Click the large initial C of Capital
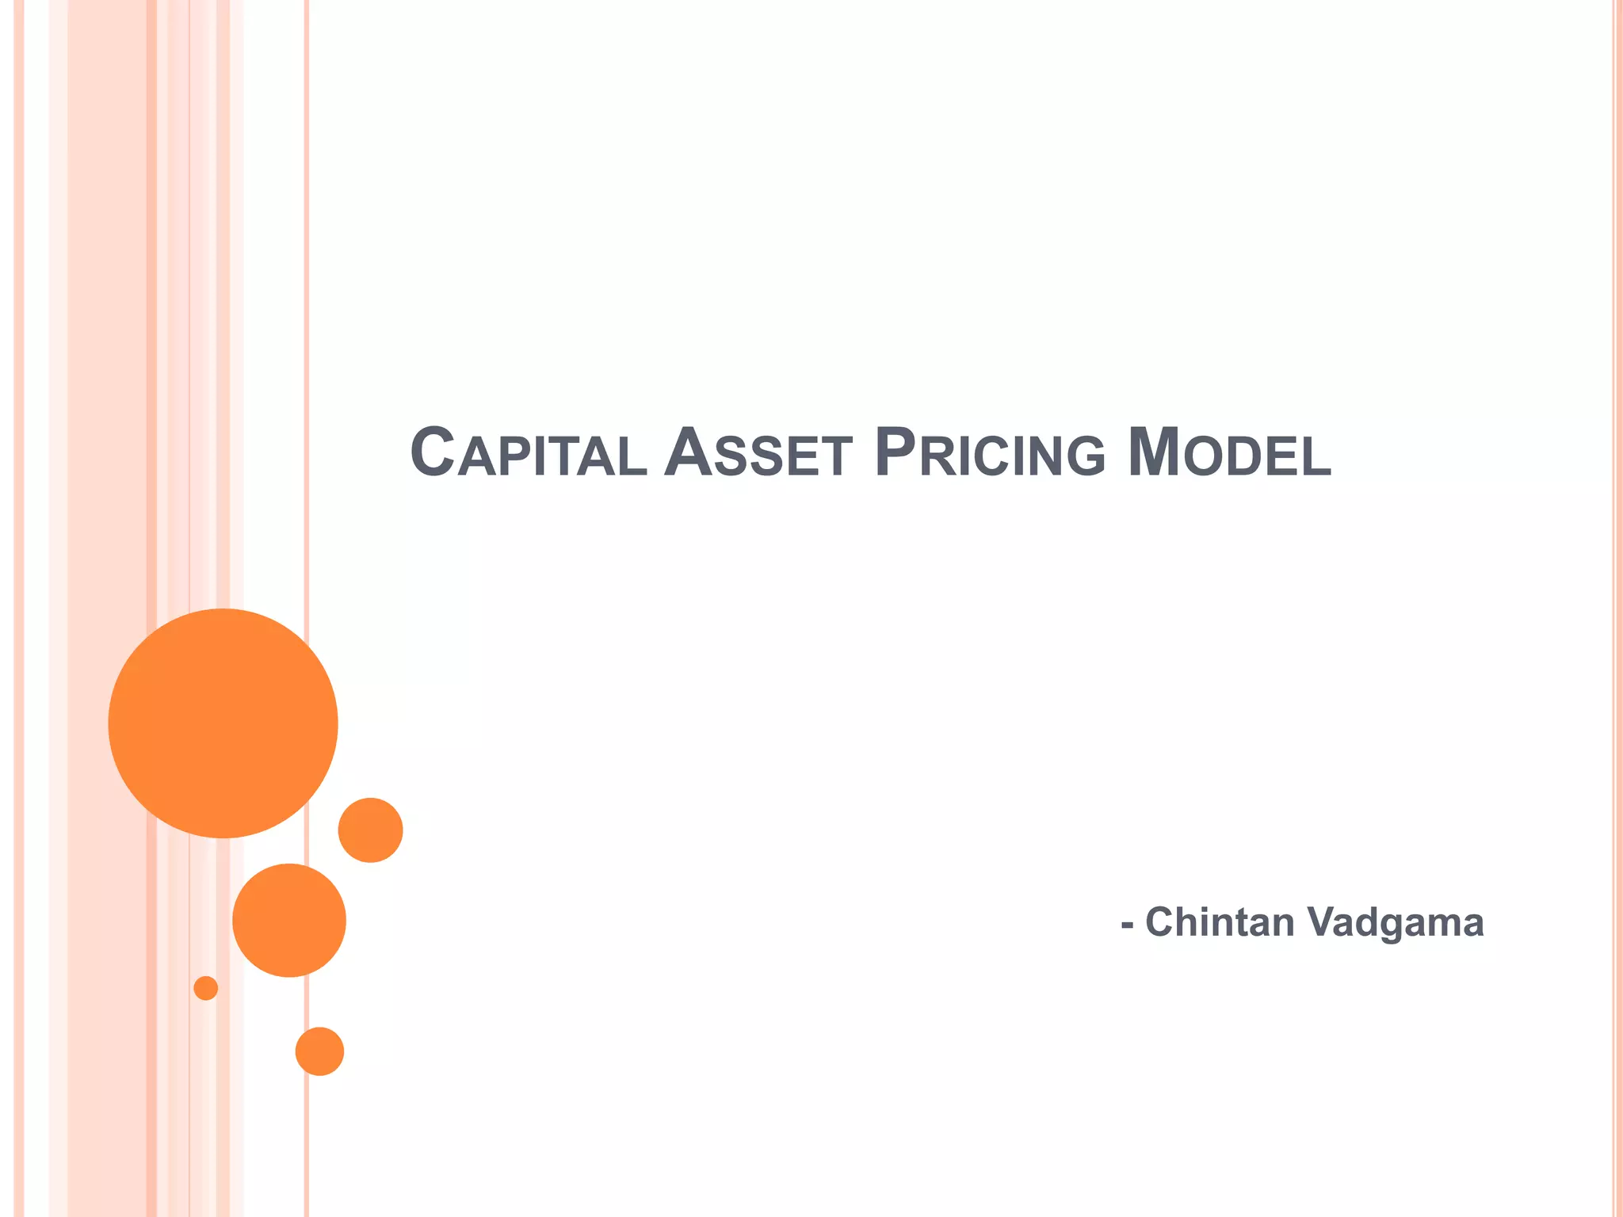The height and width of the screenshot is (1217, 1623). coord(433,452)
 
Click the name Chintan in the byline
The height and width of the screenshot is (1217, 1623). coord(1220,922)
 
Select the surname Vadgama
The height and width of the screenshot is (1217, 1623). coord(1395,924)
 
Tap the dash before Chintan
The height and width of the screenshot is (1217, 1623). coord(1127,925)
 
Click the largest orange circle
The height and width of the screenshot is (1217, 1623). coord(223,723)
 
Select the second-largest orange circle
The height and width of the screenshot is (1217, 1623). coord(289,920)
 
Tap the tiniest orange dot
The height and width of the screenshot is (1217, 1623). coord(206,988)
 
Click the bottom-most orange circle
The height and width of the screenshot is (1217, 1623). coord(319,1051)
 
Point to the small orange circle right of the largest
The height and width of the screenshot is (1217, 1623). coord(370,830)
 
